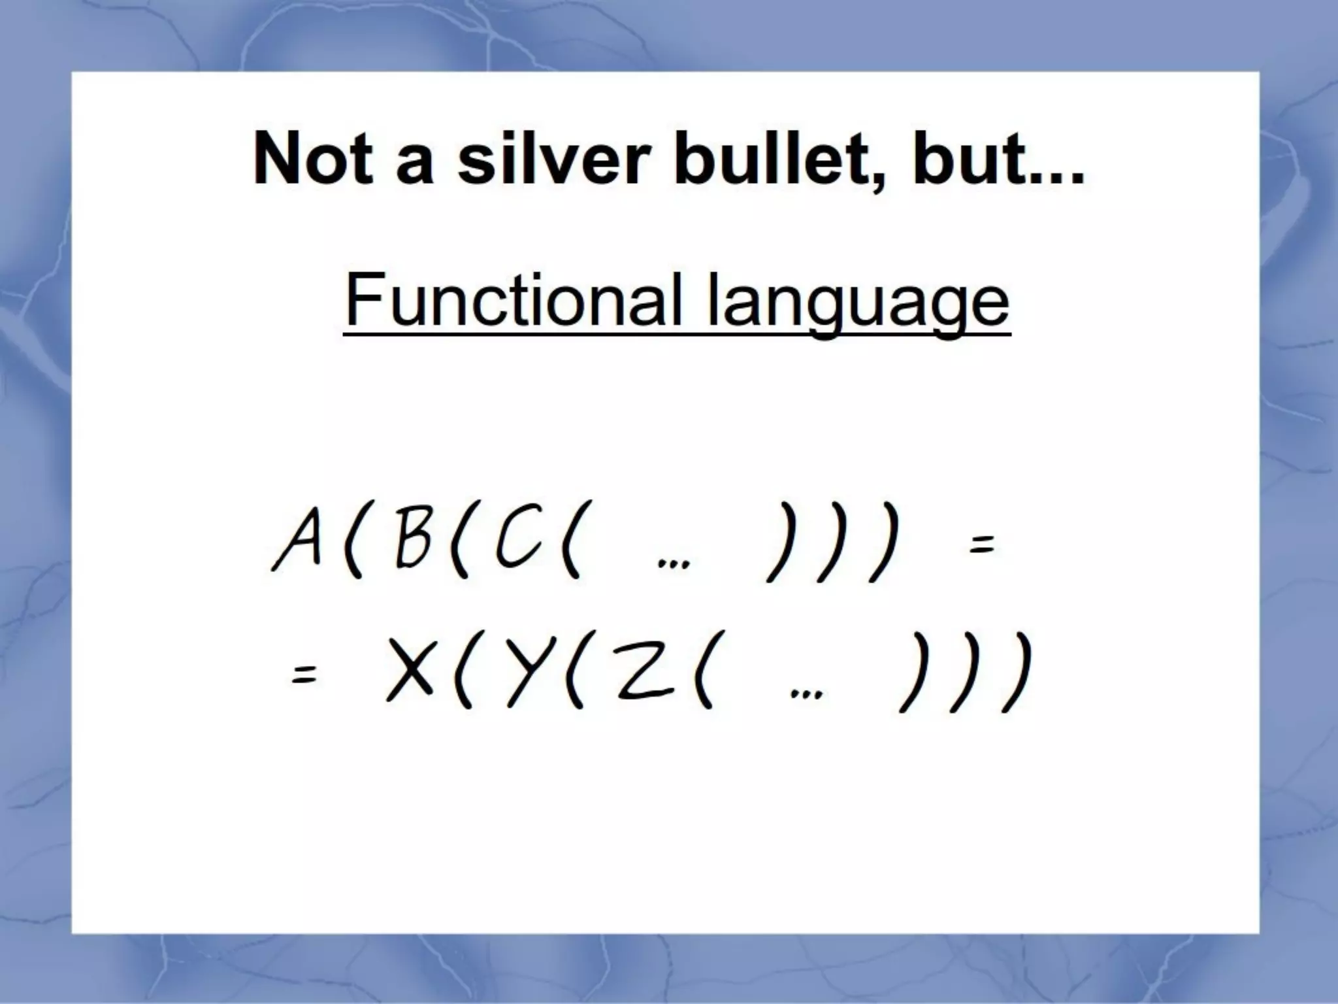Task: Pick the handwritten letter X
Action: pos(410,670)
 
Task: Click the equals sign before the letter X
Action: pos(304,675)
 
